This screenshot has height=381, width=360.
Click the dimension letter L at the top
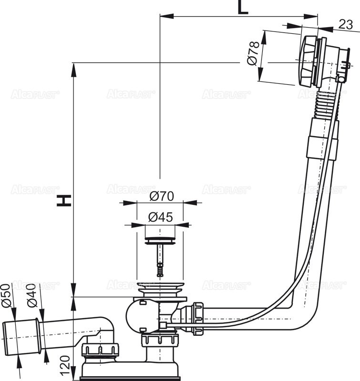tap(243, 8)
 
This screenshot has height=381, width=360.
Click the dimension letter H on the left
tap(64, 201)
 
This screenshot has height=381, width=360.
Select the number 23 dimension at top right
tap(347, 24)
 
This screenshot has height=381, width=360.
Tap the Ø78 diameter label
tap(253, 53)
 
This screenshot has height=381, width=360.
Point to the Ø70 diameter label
tap(161, 195)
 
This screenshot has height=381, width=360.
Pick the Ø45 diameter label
tap(160, 217)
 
